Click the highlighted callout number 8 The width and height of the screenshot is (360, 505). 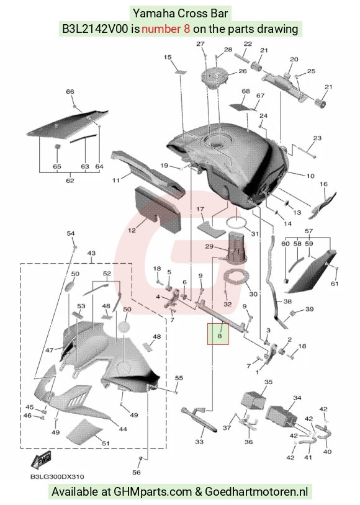220,336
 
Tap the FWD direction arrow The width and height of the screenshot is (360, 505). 41,460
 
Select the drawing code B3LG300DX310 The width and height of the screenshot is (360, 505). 57,476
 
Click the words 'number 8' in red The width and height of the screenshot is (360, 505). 166,29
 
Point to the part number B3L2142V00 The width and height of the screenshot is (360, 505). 95,29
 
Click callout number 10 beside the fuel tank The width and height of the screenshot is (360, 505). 310,176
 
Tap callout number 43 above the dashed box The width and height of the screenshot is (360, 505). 91,253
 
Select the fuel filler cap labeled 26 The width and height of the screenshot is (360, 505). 215,78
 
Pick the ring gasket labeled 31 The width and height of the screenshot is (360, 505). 237,222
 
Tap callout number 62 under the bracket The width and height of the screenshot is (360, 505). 70,181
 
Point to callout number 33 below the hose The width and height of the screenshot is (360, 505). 199,441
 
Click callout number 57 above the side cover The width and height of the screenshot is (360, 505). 308,231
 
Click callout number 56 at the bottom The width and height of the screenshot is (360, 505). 137,472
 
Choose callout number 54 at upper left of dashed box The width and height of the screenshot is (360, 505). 71,233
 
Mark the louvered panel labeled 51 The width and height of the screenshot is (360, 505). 84,432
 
